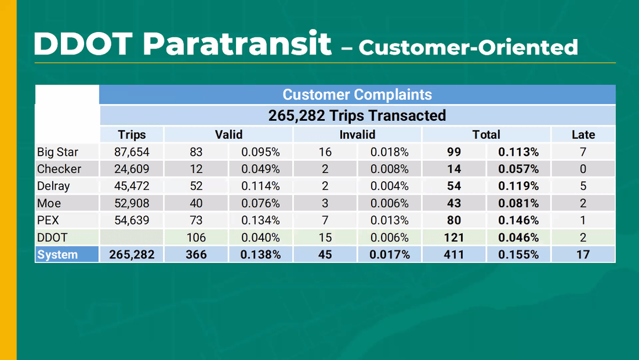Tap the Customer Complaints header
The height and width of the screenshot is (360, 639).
pos(357,95)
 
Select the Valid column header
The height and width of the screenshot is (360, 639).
pos(228,134)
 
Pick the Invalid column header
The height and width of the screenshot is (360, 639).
pos(357,134)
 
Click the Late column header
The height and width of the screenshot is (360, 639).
pos(583,134)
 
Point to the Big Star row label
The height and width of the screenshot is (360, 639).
pos(57,152)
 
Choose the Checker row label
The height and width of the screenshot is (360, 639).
pos(59,169)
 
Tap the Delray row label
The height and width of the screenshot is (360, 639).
pos(53,186)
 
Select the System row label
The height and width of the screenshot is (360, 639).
pos(57,255)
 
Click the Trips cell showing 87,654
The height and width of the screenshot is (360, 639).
pos(131,152)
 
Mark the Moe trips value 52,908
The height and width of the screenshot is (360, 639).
pos(131,203)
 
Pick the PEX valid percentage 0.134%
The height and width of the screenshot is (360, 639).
pos(260,220)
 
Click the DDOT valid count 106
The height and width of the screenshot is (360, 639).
pos(196,237)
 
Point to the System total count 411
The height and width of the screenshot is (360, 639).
pos(454,255)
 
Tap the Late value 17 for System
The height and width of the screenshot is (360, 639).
pos(583,255)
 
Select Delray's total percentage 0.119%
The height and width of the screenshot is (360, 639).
pos(518,186)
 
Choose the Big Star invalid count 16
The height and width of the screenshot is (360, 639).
pos(325,152)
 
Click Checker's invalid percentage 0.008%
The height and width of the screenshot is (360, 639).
pos(389,169)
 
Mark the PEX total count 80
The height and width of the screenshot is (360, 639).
pos(454,220)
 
